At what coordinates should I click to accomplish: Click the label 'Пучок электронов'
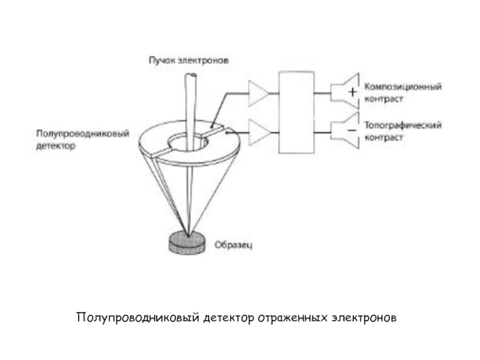click(188, 61)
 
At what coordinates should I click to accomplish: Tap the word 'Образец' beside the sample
click(233, 245)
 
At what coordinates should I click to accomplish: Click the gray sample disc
click(187, 243)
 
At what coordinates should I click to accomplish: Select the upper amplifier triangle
click(259, 94)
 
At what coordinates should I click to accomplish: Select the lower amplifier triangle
click(260, 132)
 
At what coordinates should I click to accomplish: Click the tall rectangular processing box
click(296, 112)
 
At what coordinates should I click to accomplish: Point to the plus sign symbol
click(353, 92)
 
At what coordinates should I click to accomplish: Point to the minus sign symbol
click(352, 130)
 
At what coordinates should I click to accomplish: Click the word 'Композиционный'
click(403, 87)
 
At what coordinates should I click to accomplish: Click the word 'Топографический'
click(403, 125)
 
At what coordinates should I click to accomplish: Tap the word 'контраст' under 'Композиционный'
click(384, 99)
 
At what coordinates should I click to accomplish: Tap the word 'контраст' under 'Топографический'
click(384, 138)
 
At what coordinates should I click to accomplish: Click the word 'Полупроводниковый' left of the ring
click(83, 134)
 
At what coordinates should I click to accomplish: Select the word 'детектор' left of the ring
click(55, 146)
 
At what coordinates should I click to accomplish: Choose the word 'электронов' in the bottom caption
click(364, 318)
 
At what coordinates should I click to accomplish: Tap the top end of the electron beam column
click(190, 75)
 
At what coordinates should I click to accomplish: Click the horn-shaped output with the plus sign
click(344, 92)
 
